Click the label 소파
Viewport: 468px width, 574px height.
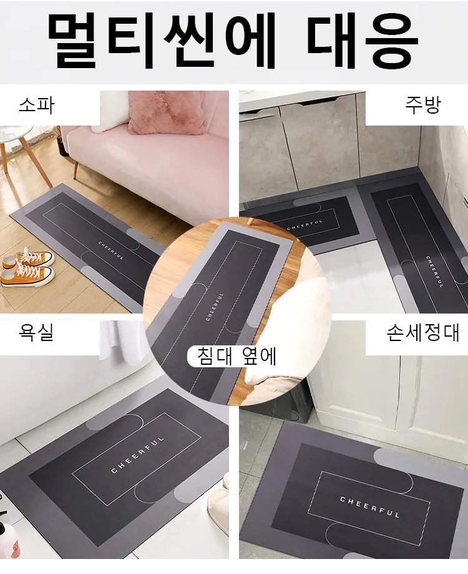(36, 106)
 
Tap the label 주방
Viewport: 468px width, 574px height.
(422, 105)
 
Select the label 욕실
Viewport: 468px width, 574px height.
(36, 333)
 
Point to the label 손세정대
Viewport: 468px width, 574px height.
(422, 333)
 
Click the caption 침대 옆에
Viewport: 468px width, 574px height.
(236, 356)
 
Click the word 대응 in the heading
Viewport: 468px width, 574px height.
(363, 40)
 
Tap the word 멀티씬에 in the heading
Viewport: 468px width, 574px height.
(162, 40)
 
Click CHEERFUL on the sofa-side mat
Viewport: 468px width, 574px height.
(111, 250)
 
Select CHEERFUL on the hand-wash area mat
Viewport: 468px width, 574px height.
(369, 507)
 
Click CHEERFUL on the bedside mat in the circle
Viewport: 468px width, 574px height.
(215, 307)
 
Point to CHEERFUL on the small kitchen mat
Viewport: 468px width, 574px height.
(305, 225)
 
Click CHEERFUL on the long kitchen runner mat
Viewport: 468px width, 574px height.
(434, 271)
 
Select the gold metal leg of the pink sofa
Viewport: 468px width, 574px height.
(76, 168)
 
